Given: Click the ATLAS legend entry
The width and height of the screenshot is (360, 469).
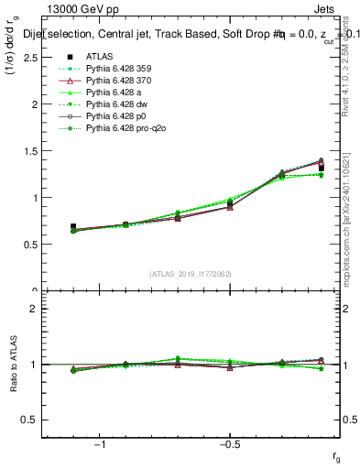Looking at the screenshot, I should [100, 56].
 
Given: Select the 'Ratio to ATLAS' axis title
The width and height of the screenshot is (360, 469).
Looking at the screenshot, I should [14, 365].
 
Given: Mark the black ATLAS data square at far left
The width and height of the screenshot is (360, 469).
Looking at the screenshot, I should [73, 226].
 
